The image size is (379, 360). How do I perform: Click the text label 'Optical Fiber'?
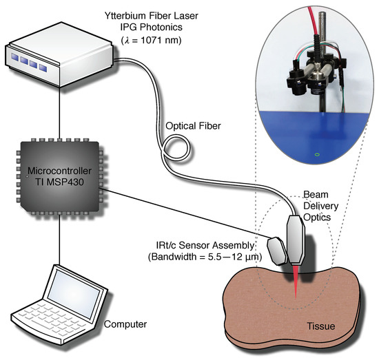pos(189,126)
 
